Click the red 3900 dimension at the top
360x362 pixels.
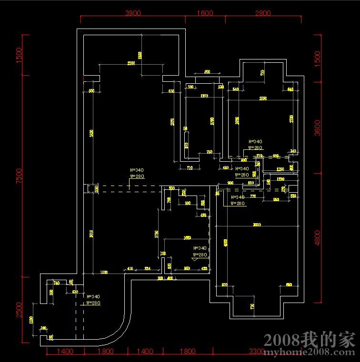tap(133, 13)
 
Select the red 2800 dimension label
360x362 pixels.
tap(263, 13)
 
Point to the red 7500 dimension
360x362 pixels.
tap(19, 176)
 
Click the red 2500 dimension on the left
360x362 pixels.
tap(19, 309)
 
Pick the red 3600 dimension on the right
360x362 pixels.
tap(318, 127)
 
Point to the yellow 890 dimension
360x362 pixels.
tap(207, 71)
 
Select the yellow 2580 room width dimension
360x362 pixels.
tap(263, 98)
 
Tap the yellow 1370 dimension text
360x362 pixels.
tap(204, 96)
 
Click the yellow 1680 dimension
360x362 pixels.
tap(187, 237)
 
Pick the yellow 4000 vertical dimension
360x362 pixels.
tap(226, 242)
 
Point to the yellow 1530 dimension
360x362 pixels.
tap(103, 272)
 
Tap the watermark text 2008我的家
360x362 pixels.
tap(310, 340)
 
